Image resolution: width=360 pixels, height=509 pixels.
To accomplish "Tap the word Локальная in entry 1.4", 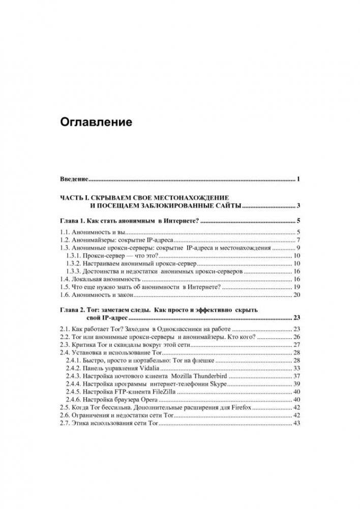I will click(86, 280).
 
